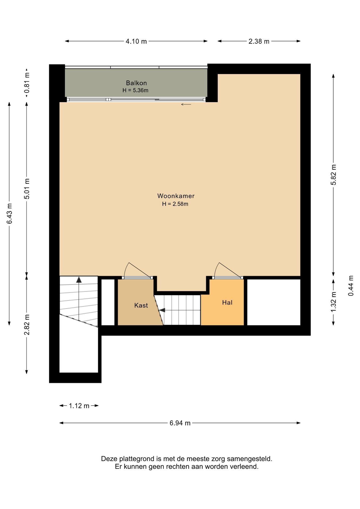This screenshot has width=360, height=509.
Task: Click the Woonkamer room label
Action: click(176, 196)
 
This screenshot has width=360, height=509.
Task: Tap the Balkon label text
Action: click(136, 83)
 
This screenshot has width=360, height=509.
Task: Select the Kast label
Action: click(141, 305)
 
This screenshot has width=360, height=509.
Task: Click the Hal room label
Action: click(227, 302)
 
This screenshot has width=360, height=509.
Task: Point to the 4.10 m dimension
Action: click(136, 41)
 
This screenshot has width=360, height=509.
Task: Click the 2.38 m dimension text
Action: click(259, 41)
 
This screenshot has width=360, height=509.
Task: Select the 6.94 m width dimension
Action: click(180, 423)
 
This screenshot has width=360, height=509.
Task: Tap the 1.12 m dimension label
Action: click(79, 406)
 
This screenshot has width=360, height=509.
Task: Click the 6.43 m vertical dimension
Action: click(10, 213)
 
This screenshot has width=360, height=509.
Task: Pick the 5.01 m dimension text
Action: click(27, 189)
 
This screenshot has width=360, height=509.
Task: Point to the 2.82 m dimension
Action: click(27, 324)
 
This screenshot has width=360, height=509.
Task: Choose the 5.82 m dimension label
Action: click(333, 175)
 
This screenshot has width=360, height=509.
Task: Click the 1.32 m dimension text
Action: click(333, 302)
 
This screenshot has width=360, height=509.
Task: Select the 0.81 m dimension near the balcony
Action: click(27, 83)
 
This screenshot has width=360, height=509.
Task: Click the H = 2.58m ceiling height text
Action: click(175, 204)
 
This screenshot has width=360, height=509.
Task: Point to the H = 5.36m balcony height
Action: click(135, 90)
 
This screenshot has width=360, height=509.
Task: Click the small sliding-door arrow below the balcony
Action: click(186, 104)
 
